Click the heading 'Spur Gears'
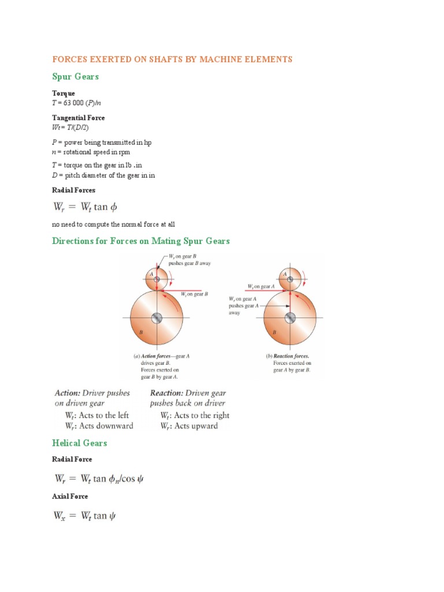[75, 76]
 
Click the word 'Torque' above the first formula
[64, 93]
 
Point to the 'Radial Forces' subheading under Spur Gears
[73, 190]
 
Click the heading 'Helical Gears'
[79, 443]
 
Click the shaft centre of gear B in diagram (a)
[156, 318]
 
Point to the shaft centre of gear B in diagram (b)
[290, 317]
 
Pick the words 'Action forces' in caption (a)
[157, 357]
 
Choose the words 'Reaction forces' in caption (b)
[291, 357]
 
